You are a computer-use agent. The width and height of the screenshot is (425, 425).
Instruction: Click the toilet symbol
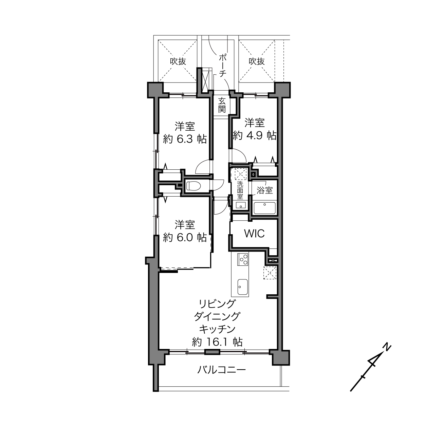[x=193, y=185]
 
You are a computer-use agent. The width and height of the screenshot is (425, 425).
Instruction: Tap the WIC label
[x=254, y=233]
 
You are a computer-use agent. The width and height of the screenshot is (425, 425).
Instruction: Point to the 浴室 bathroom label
[x=265, y=190]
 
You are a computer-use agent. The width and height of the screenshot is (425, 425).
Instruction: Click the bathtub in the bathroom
[x=265, y=208]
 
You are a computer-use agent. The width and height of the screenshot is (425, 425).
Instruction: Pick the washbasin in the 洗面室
[x=241, y=205]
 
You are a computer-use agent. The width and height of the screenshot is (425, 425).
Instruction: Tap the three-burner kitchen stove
[x=243, y=259]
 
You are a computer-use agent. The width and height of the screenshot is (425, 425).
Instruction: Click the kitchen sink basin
[x=243, y=287]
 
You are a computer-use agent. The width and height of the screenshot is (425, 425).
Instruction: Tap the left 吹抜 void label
[x=178, y=61]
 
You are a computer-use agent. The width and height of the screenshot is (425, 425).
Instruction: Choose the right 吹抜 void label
[x=257, y=61]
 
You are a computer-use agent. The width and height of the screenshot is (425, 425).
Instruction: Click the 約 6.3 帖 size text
[x=185, y=140]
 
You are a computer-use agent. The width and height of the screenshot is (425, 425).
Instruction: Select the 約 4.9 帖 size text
[x=255, y=135]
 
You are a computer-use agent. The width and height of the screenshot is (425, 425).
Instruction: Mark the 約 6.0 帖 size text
[x=185, y=238]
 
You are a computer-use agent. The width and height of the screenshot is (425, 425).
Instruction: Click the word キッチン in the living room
[x=217, y=329]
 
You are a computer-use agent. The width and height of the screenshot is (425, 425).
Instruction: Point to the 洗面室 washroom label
[x=240, y=190]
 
